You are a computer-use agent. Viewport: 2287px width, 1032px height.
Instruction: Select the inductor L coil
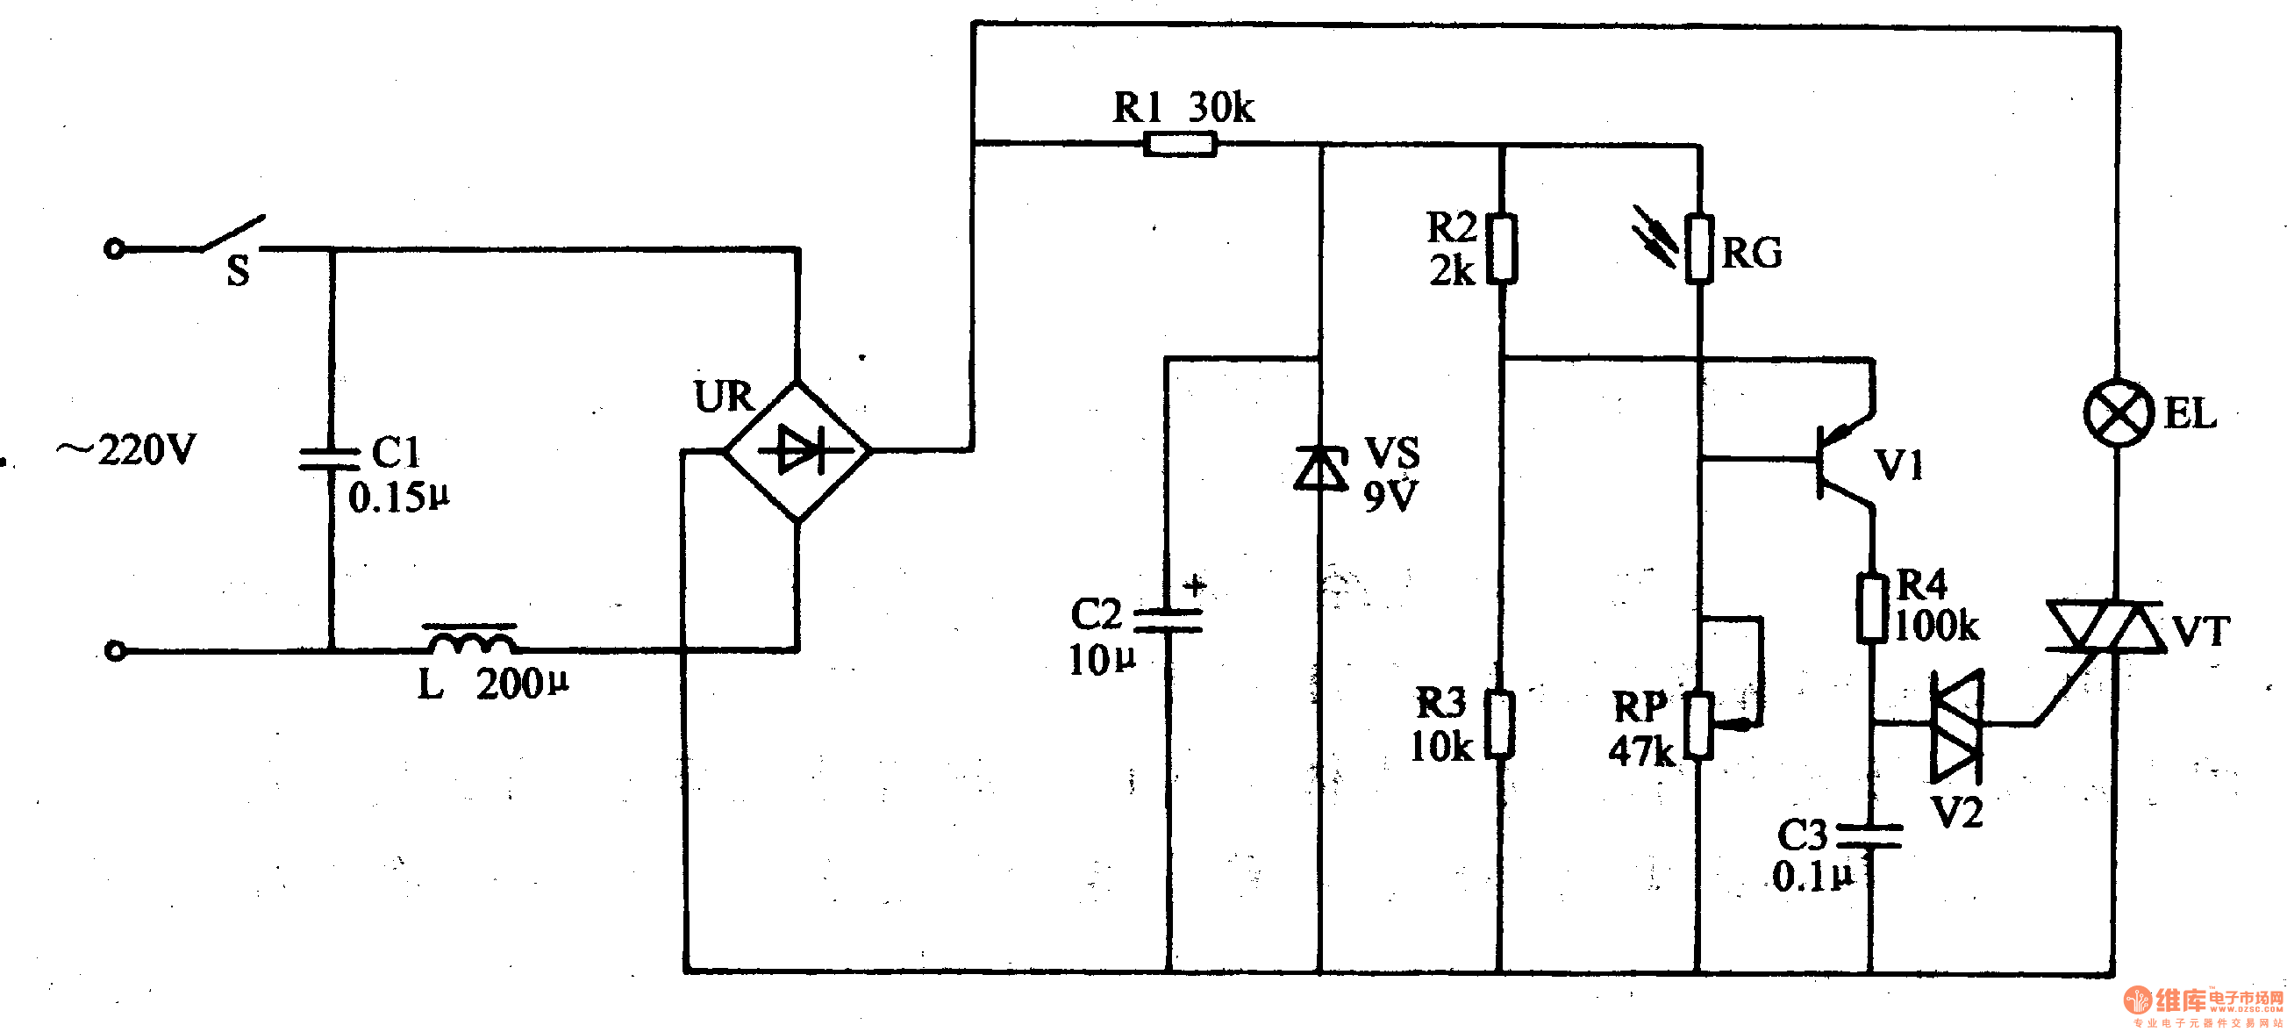(470, 640)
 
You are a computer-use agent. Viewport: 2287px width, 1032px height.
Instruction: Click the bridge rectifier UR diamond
(798, 451)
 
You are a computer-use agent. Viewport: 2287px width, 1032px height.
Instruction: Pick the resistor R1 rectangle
(1179, 144)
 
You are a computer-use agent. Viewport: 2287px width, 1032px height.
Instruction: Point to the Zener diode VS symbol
(1320, 468)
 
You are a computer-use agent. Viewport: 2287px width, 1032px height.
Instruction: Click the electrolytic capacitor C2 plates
(1169, 620)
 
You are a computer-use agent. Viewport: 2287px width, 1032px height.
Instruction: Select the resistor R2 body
(1501, 247)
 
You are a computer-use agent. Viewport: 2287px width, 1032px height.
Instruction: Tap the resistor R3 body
(1500, 724)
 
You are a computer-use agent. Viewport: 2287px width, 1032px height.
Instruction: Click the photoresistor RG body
(1699, 248)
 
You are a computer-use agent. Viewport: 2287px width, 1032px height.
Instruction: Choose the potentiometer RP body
(1699, 726)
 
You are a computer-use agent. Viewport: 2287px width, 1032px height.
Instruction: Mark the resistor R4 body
(1872, 608)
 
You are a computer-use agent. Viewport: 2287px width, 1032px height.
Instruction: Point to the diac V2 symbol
(1957, 725)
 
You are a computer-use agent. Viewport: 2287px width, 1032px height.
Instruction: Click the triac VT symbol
(2106, 627)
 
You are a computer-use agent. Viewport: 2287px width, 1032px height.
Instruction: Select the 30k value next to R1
(1221, 107)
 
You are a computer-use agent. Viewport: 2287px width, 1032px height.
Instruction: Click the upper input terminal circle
(115, 248)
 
